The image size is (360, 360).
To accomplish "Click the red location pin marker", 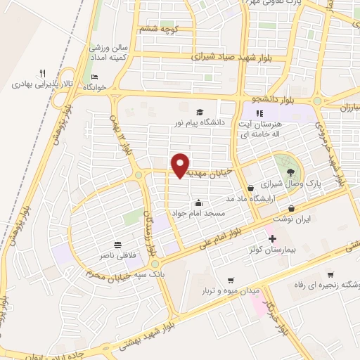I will [181, 165].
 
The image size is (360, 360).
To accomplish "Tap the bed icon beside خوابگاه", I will [95, 77].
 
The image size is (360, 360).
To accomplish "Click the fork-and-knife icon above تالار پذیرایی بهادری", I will [42, 73].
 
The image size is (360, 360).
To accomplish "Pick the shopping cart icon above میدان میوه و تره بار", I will [231, 280].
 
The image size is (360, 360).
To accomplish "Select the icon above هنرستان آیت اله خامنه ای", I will [259, 112].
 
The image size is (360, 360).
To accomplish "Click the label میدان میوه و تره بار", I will [232, 290].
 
